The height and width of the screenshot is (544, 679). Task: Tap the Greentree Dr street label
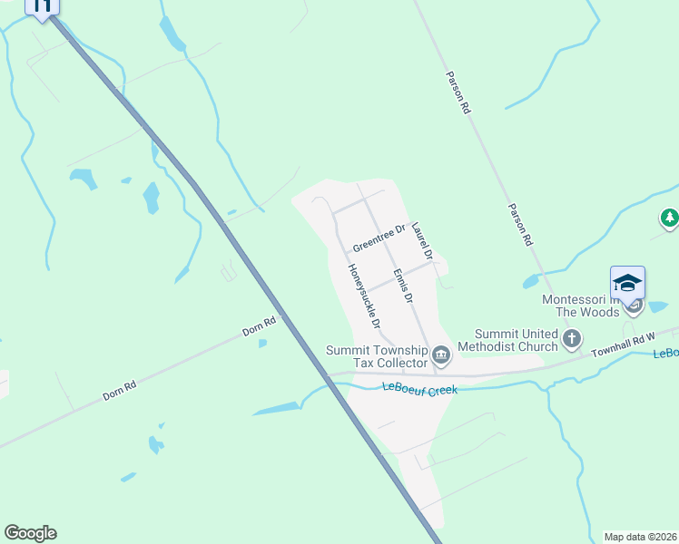click(379, 238)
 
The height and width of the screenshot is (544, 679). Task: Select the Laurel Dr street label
click(420, 240)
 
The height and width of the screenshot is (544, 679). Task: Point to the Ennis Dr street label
click(403, 286)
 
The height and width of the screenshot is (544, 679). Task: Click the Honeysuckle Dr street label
click(364, 296)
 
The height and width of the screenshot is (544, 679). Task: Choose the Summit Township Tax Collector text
click(377, 356)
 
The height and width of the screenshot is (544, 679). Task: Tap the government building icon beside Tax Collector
click(441, 355)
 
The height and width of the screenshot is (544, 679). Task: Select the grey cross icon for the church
click(572, 339)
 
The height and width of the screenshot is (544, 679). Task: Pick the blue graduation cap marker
click(627, 284)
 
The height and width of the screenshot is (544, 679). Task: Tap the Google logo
click(30, 533)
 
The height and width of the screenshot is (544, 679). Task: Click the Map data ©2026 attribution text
click(640, 537)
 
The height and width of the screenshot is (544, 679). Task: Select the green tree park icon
click(670, 218)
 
